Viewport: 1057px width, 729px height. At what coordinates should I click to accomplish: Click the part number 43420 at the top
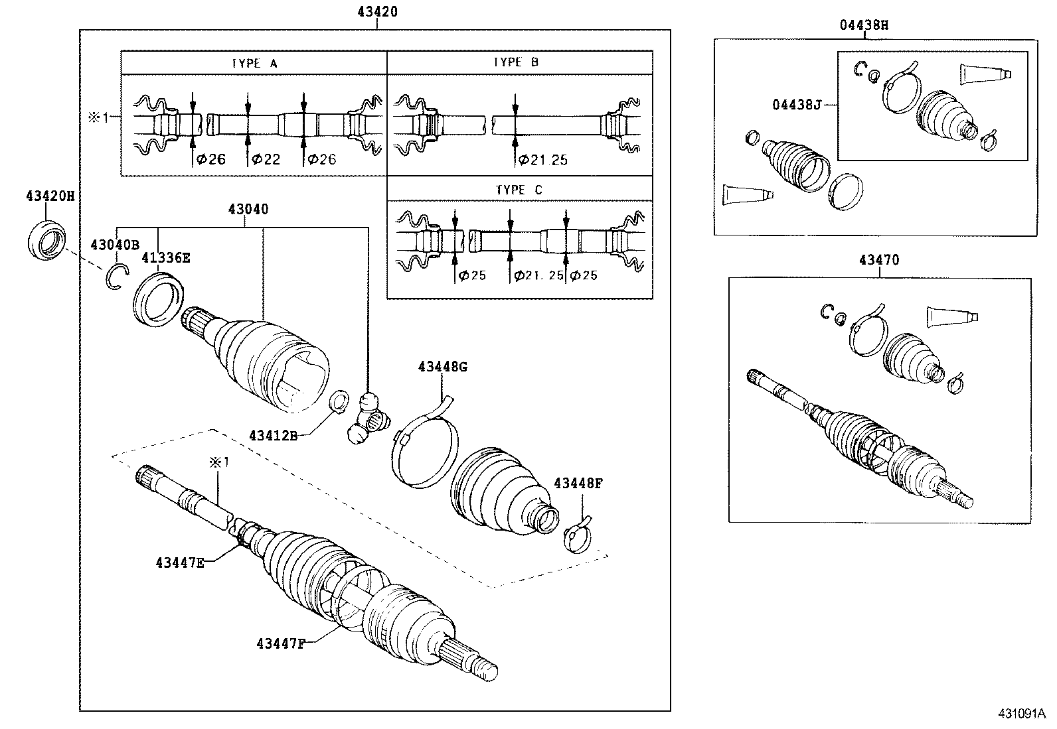point(376,11)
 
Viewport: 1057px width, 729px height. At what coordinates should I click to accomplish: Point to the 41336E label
point(166,258)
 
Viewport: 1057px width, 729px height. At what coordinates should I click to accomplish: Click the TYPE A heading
point(254,63)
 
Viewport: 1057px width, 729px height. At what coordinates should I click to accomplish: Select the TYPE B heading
point(516,62)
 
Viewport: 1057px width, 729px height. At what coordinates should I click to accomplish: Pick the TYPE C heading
point(519,190)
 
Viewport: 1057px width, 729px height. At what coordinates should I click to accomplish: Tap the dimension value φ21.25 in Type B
point(542,159)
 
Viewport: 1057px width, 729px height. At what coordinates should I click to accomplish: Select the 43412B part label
point(272,435)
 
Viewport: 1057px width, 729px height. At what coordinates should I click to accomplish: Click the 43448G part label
point(443,367)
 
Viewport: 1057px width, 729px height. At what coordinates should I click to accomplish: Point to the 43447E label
point(180,563)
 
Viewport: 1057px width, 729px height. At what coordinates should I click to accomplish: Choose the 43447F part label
point(280,643)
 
